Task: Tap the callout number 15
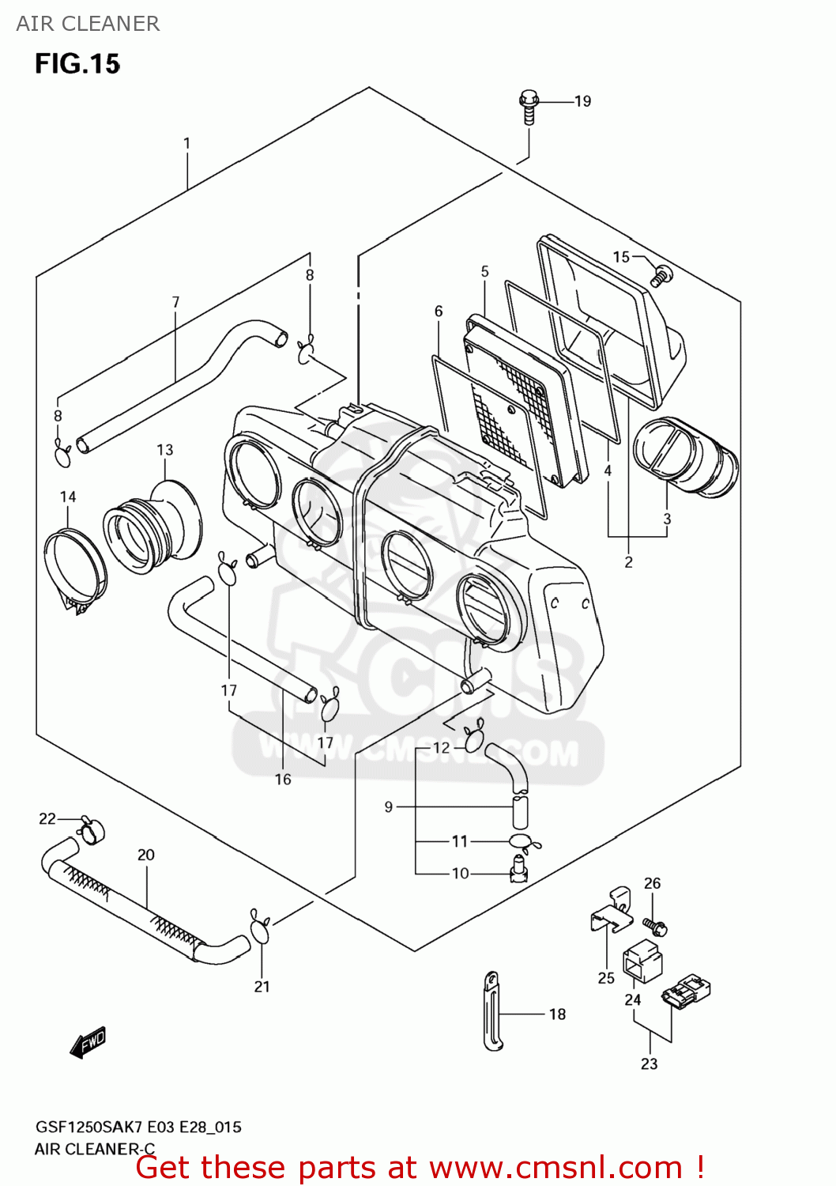(x=621, y=257)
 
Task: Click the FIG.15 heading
(x=77, y=64)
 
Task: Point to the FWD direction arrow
(x=88, y=1043)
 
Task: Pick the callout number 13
(x=164, y=450)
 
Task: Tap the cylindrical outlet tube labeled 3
(x=685, y=457)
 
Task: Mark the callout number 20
(x=146, y=855)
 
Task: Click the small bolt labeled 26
(x=655, y=925)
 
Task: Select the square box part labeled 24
(x=642, y=961)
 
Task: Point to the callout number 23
(x=649, y=1064)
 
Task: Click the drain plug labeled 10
(x=518, y=870)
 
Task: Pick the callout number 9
(x=388, y=806)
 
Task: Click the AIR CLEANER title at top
(x=88, y=24)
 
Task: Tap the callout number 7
(x=175, y=302)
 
